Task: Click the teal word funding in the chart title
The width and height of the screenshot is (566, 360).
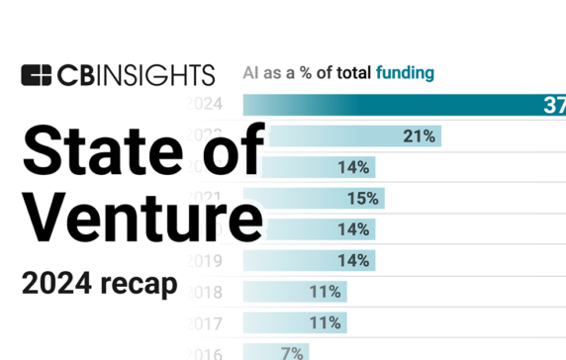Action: [x=405, y=72]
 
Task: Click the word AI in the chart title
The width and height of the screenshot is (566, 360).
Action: [x=252, y=72]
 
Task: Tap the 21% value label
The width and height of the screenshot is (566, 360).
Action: [x=419, y=136]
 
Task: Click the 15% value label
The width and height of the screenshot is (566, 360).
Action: [x=362, y=199]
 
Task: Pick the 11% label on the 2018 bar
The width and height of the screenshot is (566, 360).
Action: [x=325, y=292]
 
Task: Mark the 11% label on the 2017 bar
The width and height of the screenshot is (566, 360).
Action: [x=325, y=322]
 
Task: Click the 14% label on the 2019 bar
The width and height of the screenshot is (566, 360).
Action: [x=352, y=260]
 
